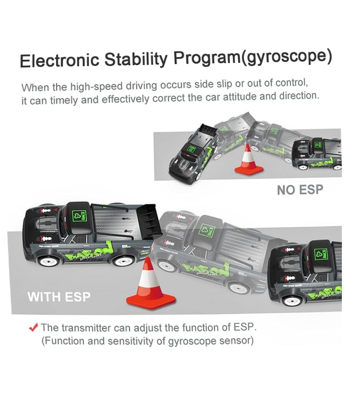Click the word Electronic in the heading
pyautogui.click(x=60, y=60)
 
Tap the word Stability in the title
pyautogui.click(x=136, y=59)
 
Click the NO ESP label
pyautogui.click(x=300, y=190)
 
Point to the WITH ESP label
pyautogui.click(x=59, y=297)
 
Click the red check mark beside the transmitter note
pyautogui.click(x=34, y=327)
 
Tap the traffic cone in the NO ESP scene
pyautogui.click(x=249, y=160)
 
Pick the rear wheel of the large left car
pyautogui.click(x=123, y=261)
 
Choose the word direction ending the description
pyautogui.click(x=299, y=96)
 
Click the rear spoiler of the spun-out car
pyautogui.click(x=209, y=130)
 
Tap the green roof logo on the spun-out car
pyautogui.click(x=192, y=149)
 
